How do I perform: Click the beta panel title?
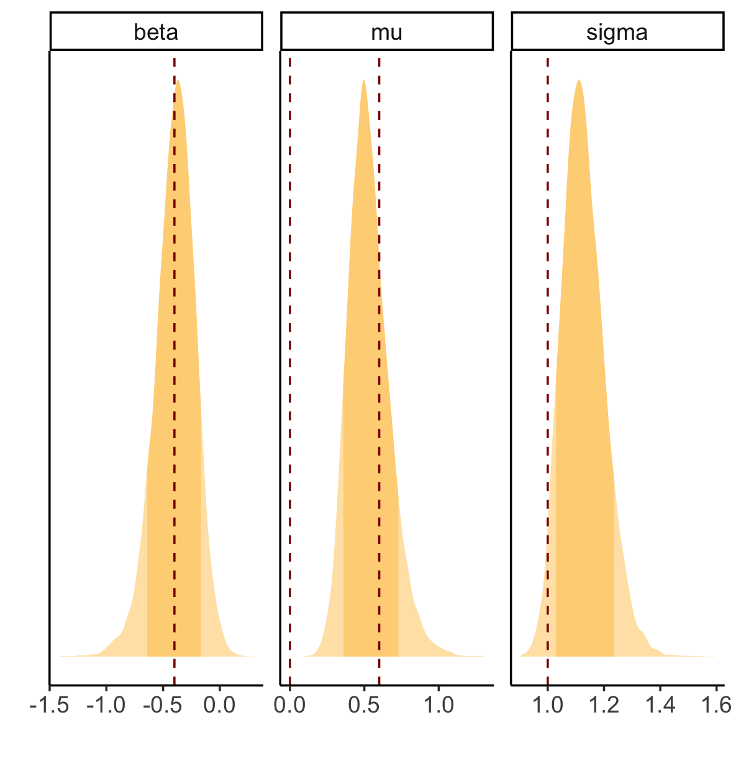[x=156, y=32]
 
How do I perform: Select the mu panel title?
[x=386, y=32]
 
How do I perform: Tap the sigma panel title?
[x=617, y=32]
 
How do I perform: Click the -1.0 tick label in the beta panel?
[x=106, y=706]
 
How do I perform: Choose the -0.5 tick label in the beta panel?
[x=163, y=706]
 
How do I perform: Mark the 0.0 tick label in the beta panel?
[x=220, y=706]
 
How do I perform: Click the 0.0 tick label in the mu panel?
[x=289, y=706]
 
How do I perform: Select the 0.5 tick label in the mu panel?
[x=364, y=706]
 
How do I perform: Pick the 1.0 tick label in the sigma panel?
[x=547, y=706]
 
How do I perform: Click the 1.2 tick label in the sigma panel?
[x=604, y=706]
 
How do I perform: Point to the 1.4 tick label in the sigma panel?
[x=660, y=706]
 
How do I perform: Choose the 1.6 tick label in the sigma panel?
[x=716, y=706]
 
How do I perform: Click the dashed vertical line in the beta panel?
[x=175, y=373]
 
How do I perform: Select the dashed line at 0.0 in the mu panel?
[x=290, y=373]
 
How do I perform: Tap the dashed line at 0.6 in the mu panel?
[x=379, y=373]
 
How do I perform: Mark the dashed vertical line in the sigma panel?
[x=548, y=373]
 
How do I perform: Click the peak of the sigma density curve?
[x=579, y=81]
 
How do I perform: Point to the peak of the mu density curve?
[x=363, y=81]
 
